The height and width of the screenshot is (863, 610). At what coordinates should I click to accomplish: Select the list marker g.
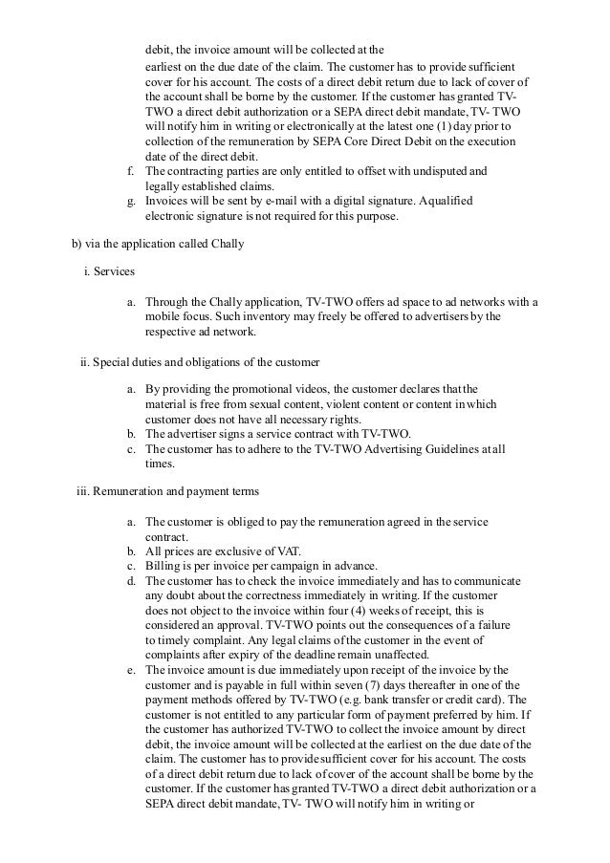(131, 202)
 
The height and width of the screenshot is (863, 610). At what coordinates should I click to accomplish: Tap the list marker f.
(131, 171)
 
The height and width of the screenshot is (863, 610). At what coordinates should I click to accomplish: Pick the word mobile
(163, 318)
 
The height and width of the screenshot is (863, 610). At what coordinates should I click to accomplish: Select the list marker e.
(131, 670)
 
